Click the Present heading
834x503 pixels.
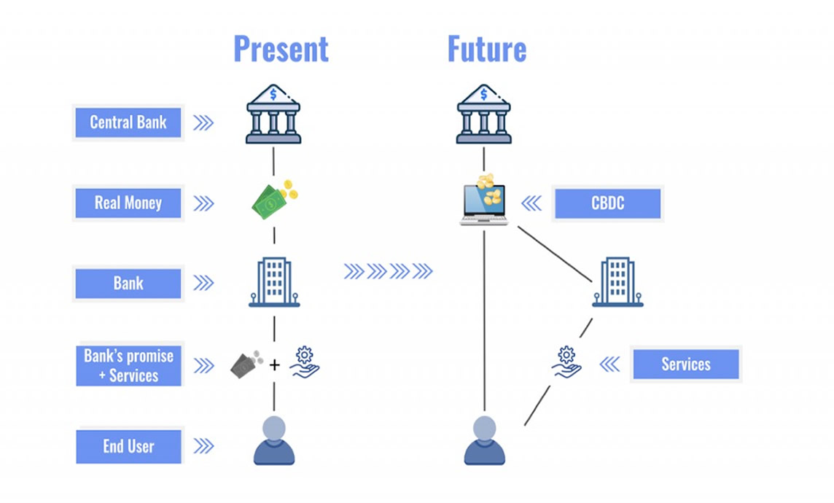281,50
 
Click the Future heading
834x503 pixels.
486,50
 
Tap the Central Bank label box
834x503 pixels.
128,122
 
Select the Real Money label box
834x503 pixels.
128,203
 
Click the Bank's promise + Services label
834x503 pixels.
128,365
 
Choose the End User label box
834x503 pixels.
128,446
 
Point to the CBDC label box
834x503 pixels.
607,203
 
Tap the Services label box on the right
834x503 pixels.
685,364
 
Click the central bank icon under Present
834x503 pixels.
273,114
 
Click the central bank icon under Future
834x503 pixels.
483,114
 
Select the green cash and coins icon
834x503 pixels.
274,200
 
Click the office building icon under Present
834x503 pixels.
274,282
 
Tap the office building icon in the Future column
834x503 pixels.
617,282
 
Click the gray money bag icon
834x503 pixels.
246,363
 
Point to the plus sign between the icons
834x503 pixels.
274,364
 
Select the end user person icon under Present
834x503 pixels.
274,441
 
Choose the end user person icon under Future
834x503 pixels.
484,441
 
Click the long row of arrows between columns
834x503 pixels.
388,272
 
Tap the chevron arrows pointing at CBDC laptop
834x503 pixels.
531,203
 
